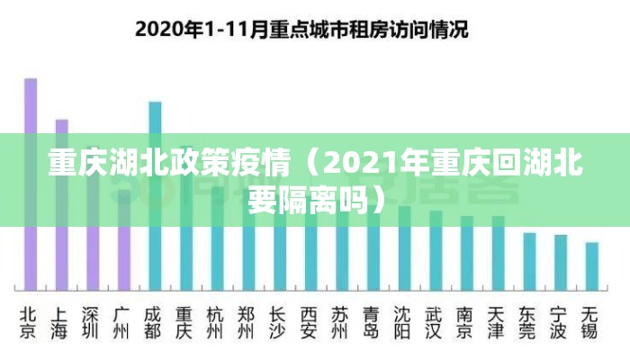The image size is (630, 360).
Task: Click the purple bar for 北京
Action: (x=31, y=180)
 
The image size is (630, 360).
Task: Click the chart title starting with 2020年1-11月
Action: (x=301, y=28)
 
